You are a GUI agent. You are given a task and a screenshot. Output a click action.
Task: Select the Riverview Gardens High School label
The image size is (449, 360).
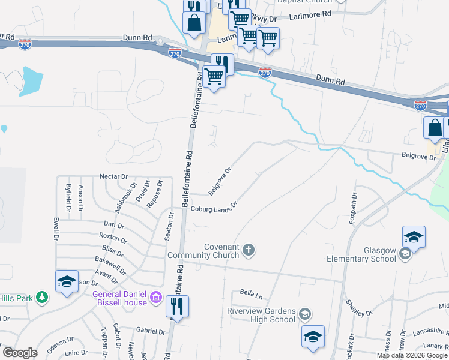tap(261, 315)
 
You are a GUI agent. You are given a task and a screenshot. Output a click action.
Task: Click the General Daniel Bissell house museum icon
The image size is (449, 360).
tap(155, 296)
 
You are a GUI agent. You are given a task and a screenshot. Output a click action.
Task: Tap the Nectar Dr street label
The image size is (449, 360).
tap(115, 177)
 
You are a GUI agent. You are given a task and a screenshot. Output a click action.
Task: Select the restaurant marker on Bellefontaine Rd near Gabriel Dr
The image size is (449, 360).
tap(177, 306)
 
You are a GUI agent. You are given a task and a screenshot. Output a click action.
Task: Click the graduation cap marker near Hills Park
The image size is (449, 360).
tap(67, 281)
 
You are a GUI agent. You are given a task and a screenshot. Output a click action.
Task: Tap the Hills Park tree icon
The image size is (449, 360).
tap(42, 296)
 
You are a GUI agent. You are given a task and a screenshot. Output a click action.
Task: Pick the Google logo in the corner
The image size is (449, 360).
tap(20, 353)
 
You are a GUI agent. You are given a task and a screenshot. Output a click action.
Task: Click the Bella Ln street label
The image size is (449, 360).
tap(251, 295)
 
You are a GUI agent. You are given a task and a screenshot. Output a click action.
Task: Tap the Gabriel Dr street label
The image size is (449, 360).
tap(150, 331)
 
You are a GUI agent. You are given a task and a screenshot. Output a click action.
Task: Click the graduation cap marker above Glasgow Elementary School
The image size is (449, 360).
tap(414, 236)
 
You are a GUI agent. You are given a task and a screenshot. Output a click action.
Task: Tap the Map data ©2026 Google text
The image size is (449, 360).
tap(412, 355)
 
